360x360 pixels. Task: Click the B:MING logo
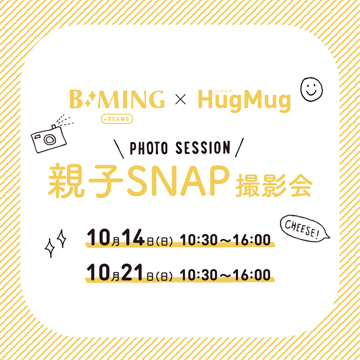[x=117, y=99]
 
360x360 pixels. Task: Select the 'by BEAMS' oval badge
[x=117, y=119]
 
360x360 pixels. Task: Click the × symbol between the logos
[x=180, y=100]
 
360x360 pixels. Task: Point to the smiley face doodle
[x=312, y=89]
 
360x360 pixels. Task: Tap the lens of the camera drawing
[x=49, y=139]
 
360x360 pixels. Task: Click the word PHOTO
[x=149, y=148]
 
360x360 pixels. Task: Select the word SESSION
[x=203, y=148]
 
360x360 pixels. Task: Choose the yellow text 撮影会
[x=274, y=186]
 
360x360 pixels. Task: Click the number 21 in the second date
[x=133, y=273]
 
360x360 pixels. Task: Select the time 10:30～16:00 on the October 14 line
[x=225, y=240]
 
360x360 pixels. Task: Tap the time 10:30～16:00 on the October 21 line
[x=225, y=275]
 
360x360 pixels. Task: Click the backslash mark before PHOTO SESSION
[x=119, y=148]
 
